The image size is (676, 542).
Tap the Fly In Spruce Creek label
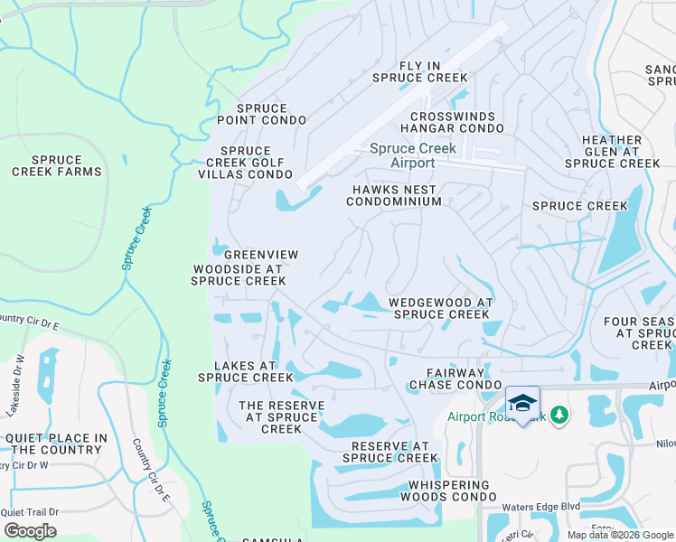coord(420,72)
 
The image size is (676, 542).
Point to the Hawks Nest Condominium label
coord(394,196)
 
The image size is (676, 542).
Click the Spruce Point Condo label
coord(261,114)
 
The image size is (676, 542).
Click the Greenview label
coord(260,256)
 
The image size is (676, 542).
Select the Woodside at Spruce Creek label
coord(239,275)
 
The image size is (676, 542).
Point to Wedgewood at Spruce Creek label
coord(440,309)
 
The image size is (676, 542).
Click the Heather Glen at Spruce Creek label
coord(612,152)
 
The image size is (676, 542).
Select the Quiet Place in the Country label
coord(56,444)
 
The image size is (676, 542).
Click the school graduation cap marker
coord(522,402)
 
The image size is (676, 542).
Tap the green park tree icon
coord(559,414)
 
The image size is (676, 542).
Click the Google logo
coord(30,530)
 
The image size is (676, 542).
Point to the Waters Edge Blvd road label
coord(541,507)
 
